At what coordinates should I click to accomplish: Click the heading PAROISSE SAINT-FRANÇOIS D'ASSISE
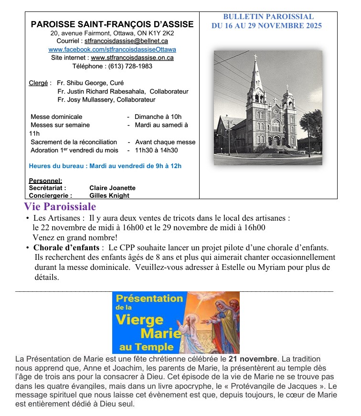[112, 24]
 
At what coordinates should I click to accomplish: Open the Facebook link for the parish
[112, 50]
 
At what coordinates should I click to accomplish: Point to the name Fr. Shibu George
[77, 83]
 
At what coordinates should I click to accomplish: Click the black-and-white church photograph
[267, 107]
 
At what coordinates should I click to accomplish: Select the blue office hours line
[105, 166]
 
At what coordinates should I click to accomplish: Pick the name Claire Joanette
[112, 188]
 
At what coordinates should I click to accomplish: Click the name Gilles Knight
[109, 195]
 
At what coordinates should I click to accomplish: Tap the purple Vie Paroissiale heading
[60, 207]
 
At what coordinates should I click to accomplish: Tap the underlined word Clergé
[38, 83]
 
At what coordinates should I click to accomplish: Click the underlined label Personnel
[45, 181]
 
